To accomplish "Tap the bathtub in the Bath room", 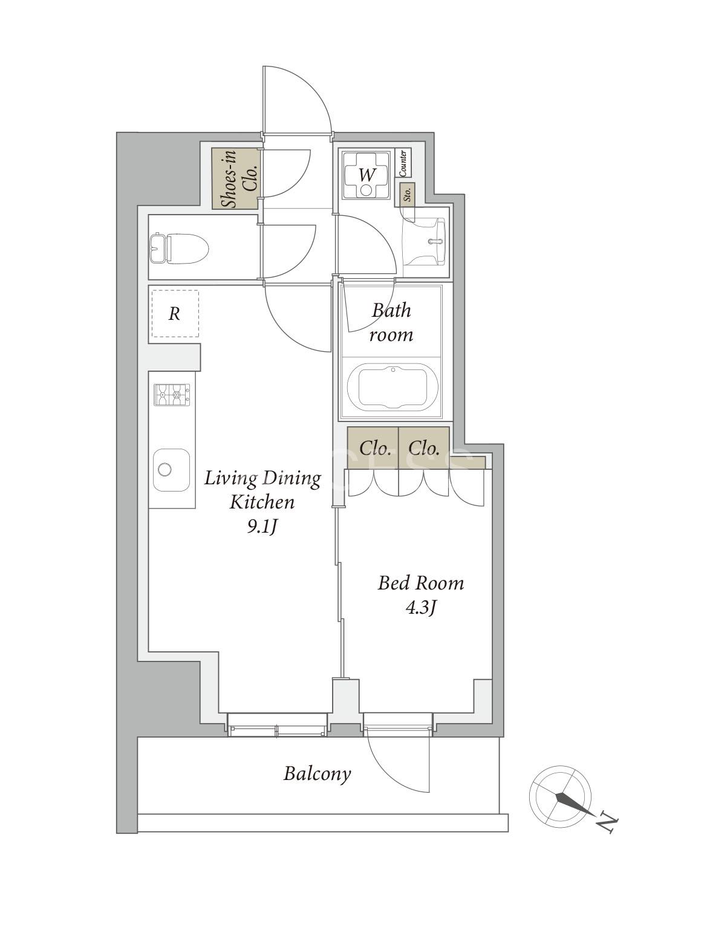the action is point(393,388).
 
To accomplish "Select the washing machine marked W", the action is point(366,175).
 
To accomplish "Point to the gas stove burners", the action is point(172,395).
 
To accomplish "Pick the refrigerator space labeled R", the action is point(175,314).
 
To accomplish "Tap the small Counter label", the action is point(403,163).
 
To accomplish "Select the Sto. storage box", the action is point(407,195).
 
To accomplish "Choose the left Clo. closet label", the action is point(376,448).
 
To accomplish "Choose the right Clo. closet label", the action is point(424,448).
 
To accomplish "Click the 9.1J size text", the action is point(262,527).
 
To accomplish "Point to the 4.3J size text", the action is point(420,608).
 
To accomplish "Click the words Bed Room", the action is point(420,583).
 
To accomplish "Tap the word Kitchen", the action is point(262,502).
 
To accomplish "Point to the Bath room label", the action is point(391,322).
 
